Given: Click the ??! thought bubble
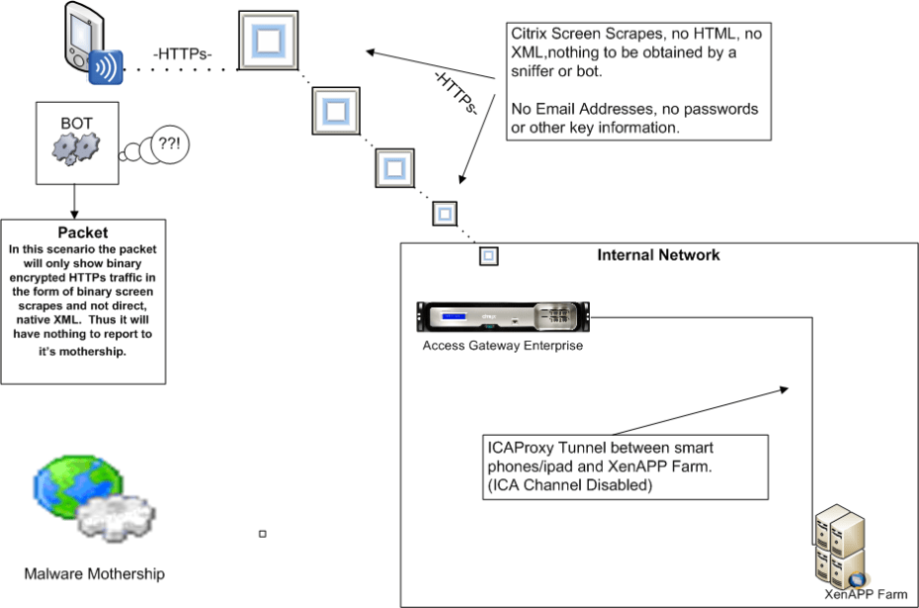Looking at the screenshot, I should (x=170, y=146).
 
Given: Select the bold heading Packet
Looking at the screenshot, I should (x=82, y=233).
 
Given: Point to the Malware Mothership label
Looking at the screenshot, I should (x=95, y=573).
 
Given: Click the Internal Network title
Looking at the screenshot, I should (x=658, y=255).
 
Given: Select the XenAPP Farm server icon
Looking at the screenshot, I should (x=838, y=550).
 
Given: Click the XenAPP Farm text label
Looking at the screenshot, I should (x=866, y=594).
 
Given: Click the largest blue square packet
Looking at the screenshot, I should (x=269, y=41).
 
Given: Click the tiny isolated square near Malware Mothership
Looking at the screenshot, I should (x=263, y=534).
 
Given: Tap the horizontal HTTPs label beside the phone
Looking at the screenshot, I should (x=183, y=54).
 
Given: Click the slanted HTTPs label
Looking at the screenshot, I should (x=458, y=92).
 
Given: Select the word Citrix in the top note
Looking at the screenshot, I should (x=531, y=34).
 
